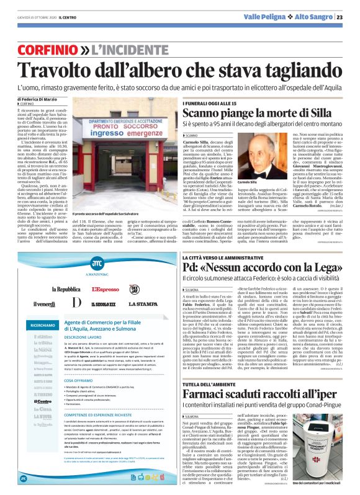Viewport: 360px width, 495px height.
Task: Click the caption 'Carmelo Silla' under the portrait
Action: (x=248, y=182)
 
